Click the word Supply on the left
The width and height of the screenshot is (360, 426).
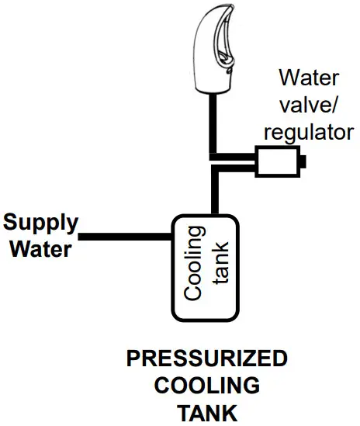point(40,223)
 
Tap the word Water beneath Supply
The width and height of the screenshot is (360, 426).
point(36,249)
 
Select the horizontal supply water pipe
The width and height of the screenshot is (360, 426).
point(124,236)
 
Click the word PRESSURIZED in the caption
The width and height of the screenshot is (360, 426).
point(206,359)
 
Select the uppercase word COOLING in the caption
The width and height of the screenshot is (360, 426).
point(206,386)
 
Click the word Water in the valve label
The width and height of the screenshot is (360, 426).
point(310,78)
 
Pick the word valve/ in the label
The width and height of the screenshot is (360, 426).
point(310,105)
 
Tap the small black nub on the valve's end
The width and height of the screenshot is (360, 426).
point(304,162)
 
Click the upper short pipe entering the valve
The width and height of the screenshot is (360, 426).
point(237,155)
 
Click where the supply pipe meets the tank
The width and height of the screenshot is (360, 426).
point(171,236)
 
